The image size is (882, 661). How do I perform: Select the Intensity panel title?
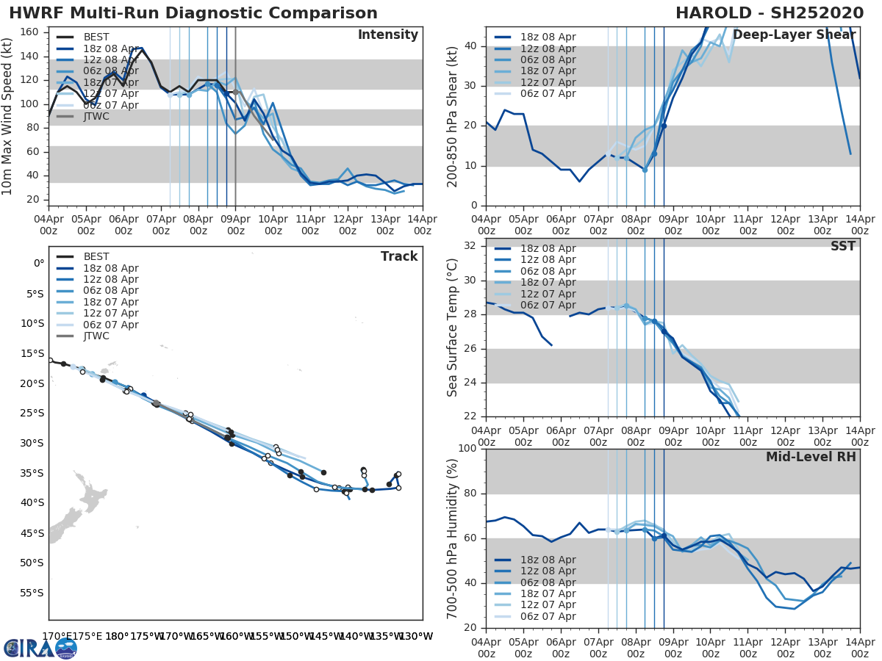click(387, 35)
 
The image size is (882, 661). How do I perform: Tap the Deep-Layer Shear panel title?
click(794, 35)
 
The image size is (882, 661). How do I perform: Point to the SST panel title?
click(842, 246)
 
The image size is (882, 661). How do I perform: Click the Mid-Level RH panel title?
click(811, 457)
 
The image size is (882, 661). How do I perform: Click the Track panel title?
click(398, 256)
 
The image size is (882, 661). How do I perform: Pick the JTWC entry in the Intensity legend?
click(96, 117)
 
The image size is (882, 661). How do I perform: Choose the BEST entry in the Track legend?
click(96, 256)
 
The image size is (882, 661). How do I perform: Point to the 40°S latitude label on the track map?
click(33, 502)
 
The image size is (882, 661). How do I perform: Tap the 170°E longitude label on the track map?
click(57, 636)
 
